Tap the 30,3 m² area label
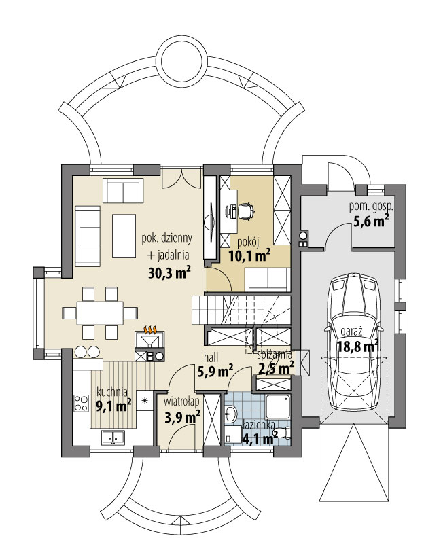(x=169, y=272)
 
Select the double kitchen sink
(x=113, y=438)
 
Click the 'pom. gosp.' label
(x=372, y=206)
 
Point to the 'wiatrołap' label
(x=181, y=401)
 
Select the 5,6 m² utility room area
(x=371, y=221)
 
